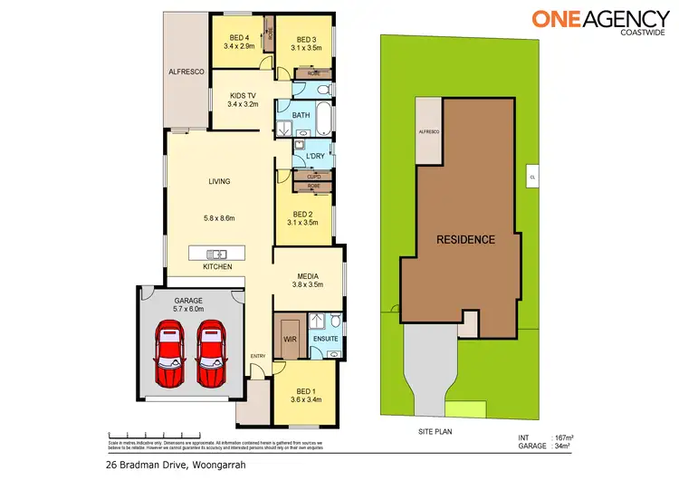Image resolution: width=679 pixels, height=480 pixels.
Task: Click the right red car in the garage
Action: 213,351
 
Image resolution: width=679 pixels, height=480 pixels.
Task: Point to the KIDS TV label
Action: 244,94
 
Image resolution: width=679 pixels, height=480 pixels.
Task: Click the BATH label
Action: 301,115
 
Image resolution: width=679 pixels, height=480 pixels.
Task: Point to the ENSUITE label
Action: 325,339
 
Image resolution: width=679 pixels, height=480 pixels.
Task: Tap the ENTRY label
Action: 259,355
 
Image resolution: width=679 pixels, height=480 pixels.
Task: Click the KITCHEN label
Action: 217,267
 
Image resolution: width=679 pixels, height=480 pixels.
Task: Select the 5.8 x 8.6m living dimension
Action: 221,217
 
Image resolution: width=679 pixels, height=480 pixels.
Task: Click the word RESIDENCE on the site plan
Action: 466,240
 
